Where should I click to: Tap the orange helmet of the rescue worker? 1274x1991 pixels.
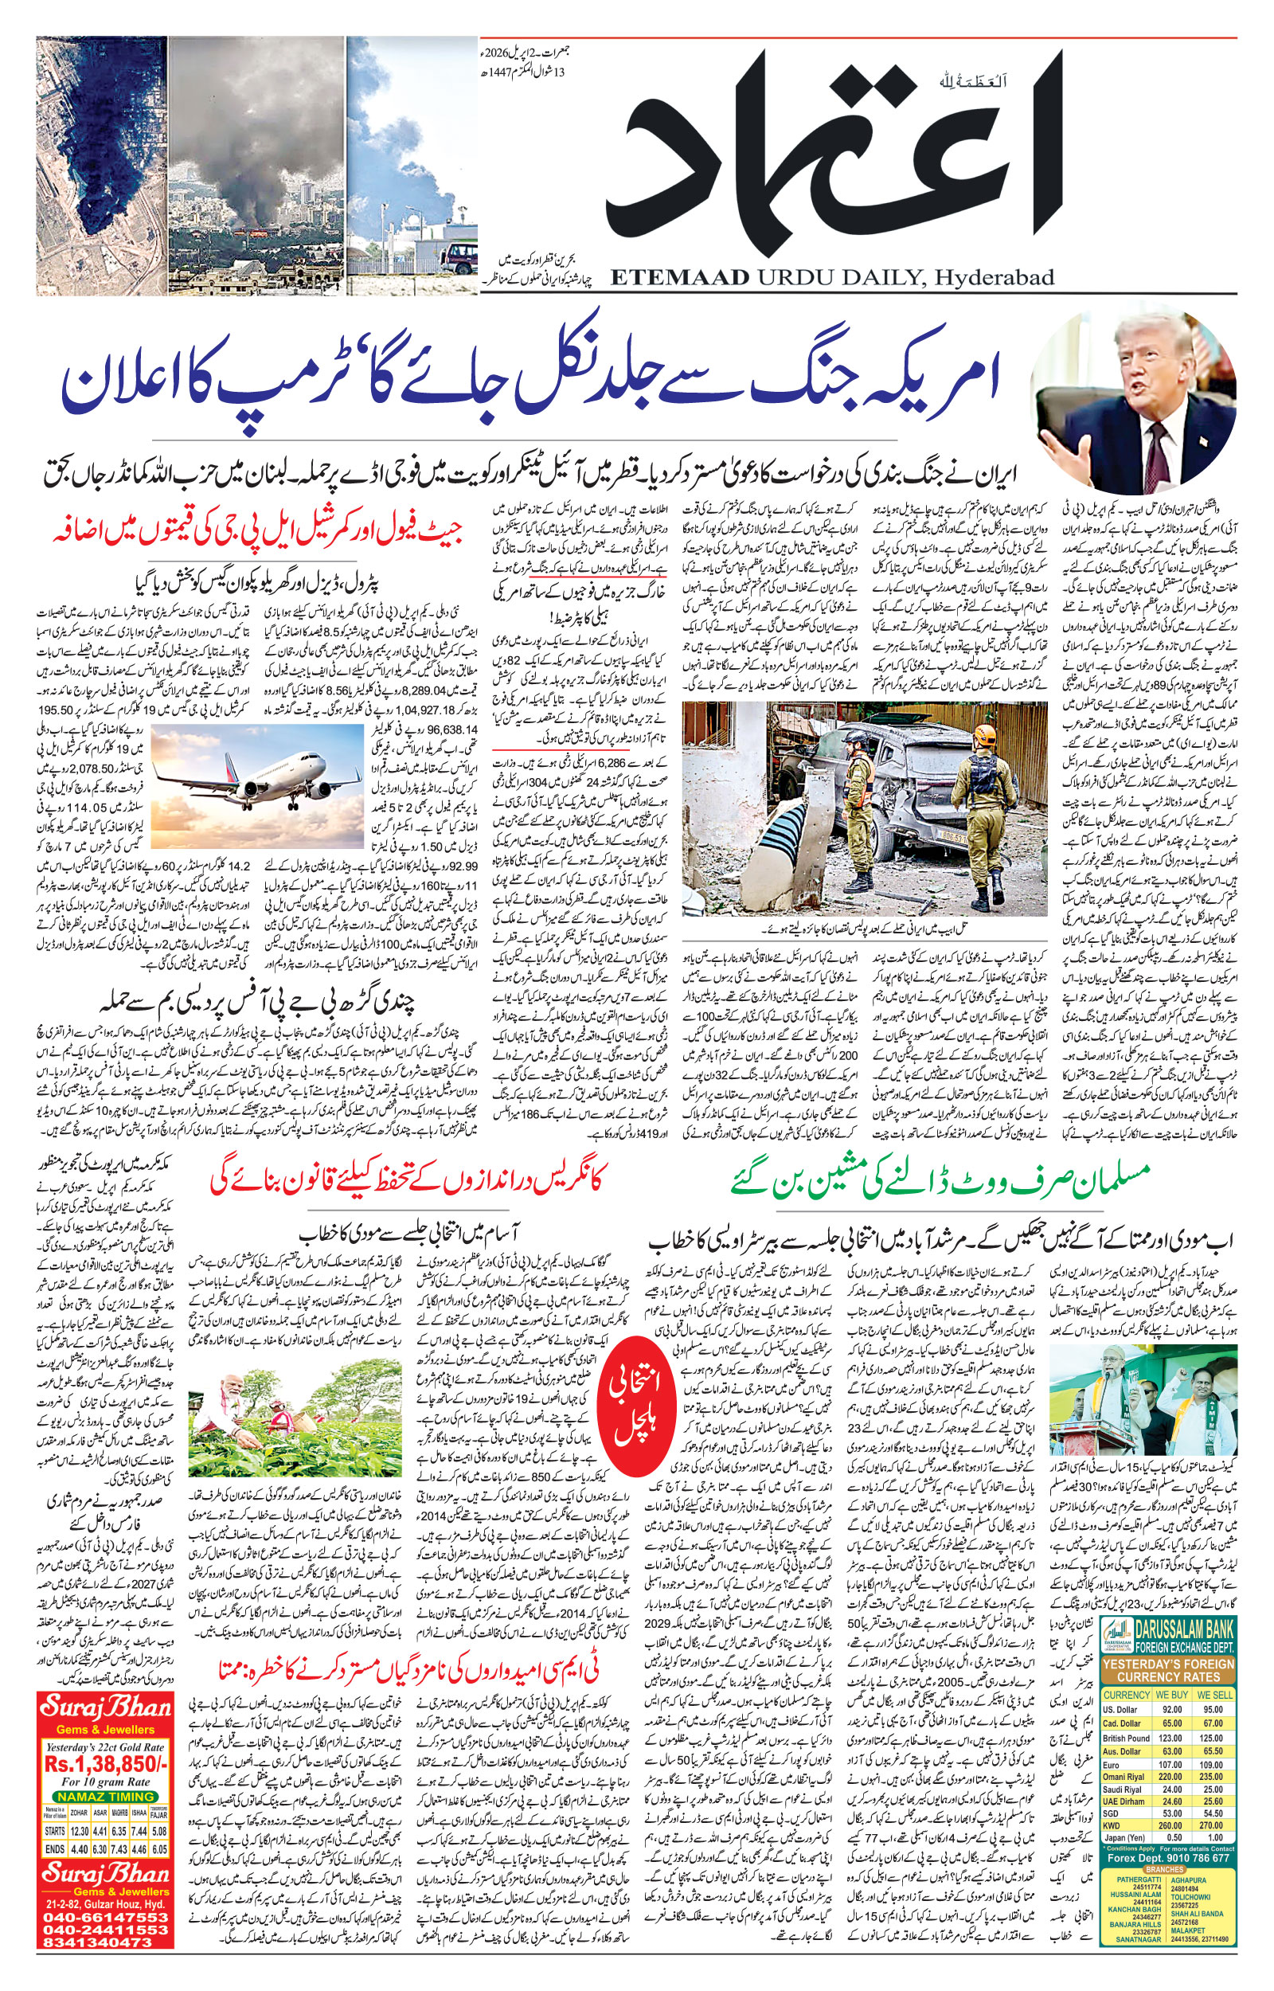(983, 733)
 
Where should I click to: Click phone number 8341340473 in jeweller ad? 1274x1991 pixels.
(106, 1941)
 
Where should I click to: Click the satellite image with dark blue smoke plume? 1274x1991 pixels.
(101, 166)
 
